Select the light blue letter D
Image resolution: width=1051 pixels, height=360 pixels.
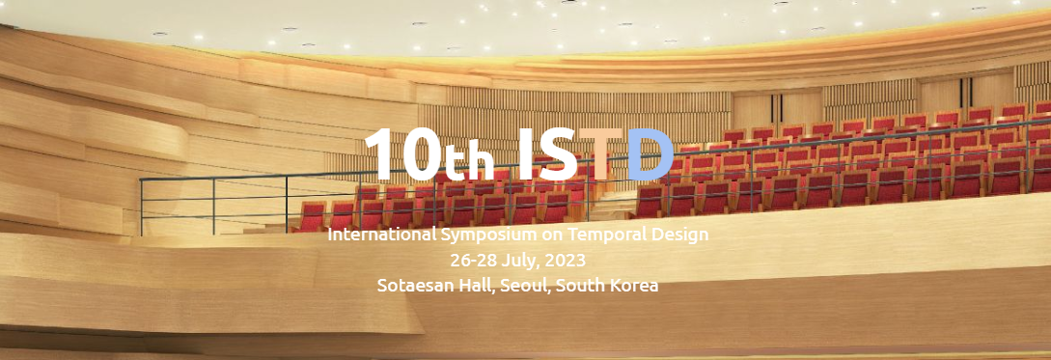650,154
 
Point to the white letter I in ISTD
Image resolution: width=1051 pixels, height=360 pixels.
528,154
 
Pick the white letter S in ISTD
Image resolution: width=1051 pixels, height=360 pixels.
560,154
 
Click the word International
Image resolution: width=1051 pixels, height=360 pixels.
382,235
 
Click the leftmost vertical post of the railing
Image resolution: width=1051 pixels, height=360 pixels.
142,208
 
